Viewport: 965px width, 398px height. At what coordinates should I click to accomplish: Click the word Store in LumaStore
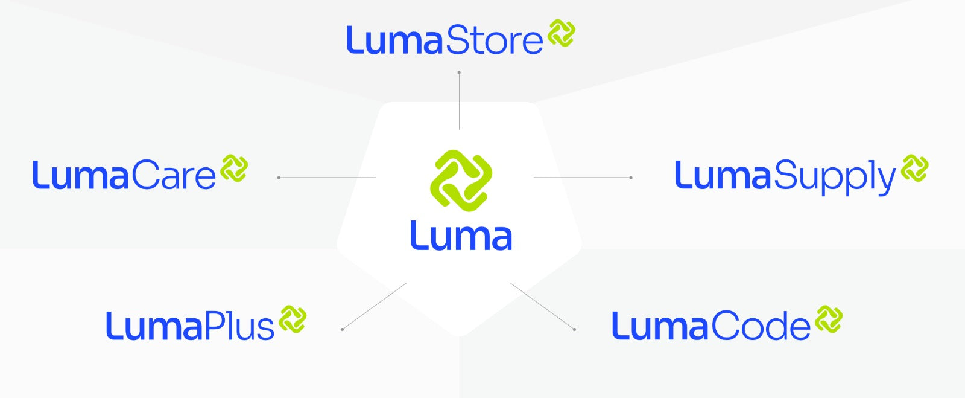click(x=494, y=41)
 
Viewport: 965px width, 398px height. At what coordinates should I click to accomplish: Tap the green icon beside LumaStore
click(x=562, y=33)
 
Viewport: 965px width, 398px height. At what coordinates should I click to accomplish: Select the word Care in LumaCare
click(x=173, y=176)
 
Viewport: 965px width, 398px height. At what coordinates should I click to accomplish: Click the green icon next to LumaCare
click(x=234, y=169)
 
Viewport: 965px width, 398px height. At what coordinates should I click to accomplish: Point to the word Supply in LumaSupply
click(x=835, y=177)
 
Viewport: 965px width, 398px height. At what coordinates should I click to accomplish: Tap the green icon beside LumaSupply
click(x=914, y=169)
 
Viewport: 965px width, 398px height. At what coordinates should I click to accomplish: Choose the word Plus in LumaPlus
click(x=239, y=327)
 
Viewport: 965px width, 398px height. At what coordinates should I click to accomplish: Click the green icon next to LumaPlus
click(x=293, y=319)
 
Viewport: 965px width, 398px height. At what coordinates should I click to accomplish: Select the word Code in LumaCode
click(x=761, y=327)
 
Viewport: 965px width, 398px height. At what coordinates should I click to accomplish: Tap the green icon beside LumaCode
click(x=829, y=319)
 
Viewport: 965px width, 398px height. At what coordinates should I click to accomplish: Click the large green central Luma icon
click(x=461, y=181)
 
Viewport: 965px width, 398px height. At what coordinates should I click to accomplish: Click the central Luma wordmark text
click(x=461, y=236)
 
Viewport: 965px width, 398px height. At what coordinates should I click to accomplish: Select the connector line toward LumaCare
click(x=327, y=178)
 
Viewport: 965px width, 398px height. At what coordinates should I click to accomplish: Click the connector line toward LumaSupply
click(x=583, y=178)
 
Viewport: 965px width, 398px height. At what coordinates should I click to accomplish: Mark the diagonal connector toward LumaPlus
click(x=374, y=306)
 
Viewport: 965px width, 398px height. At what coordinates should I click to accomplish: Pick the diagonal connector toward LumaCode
click(x=542, y=306)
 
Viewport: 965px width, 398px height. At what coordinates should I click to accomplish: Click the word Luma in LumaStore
click(x=394, y=41)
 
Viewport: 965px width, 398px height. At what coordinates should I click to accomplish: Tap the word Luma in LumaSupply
click(x=723, y=176)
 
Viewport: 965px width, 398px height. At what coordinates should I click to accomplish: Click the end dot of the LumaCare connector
click(x=279, y=178)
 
